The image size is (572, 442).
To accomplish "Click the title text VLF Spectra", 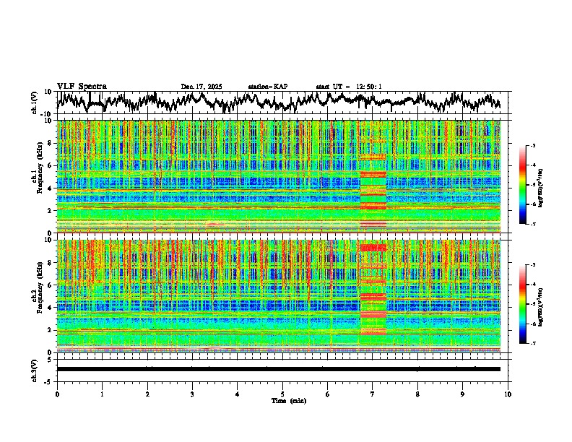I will pos(82,87).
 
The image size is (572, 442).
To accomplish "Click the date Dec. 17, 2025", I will pos(201,87).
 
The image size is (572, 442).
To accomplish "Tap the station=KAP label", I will pos(268,87).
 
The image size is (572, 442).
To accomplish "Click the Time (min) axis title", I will pos(282,400).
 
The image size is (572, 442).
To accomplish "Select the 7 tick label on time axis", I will pos(373,394).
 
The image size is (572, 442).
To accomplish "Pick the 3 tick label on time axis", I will pos(192,394).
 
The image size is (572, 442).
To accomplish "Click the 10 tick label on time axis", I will pos(508,394).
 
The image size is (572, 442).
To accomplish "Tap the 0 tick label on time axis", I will pos(57,394).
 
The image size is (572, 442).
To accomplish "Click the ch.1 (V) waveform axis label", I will pos(35,103).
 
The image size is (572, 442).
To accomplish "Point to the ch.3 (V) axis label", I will pos(35,369).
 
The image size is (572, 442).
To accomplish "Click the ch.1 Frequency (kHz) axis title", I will pos(36,177).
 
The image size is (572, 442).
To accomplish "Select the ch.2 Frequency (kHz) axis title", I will pos(36,296).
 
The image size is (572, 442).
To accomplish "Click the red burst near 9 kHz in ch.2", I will pos(373,248).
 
